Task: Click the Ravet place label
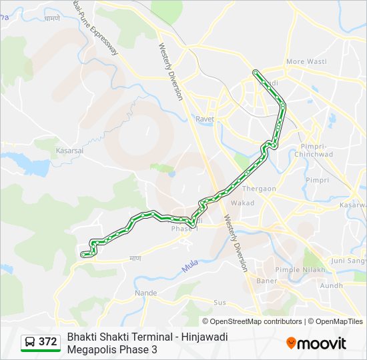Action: (x=204, y=119)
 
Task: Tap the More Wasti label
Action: (x=305, y=62)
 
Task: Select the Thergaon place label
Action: (x=259, y=189)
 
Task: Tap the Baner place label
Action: (x=267, y=281)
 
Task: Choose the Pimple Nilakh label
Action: (x=300, y=270)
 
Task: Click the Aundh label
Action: (x=332, y=285)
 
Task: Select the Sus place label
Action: (x=220, y=303)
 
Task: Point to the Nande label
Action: (x=146, y=293)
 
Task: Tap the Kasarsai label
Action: (x=69, y=151)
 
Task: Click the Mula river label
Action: (x=190, y=267)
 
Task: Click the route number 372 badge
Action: (x=47, y=341)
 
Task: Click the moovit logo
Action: (x=316, y=343)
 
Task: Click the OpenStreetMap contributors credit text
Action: (x=256, y=321)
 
